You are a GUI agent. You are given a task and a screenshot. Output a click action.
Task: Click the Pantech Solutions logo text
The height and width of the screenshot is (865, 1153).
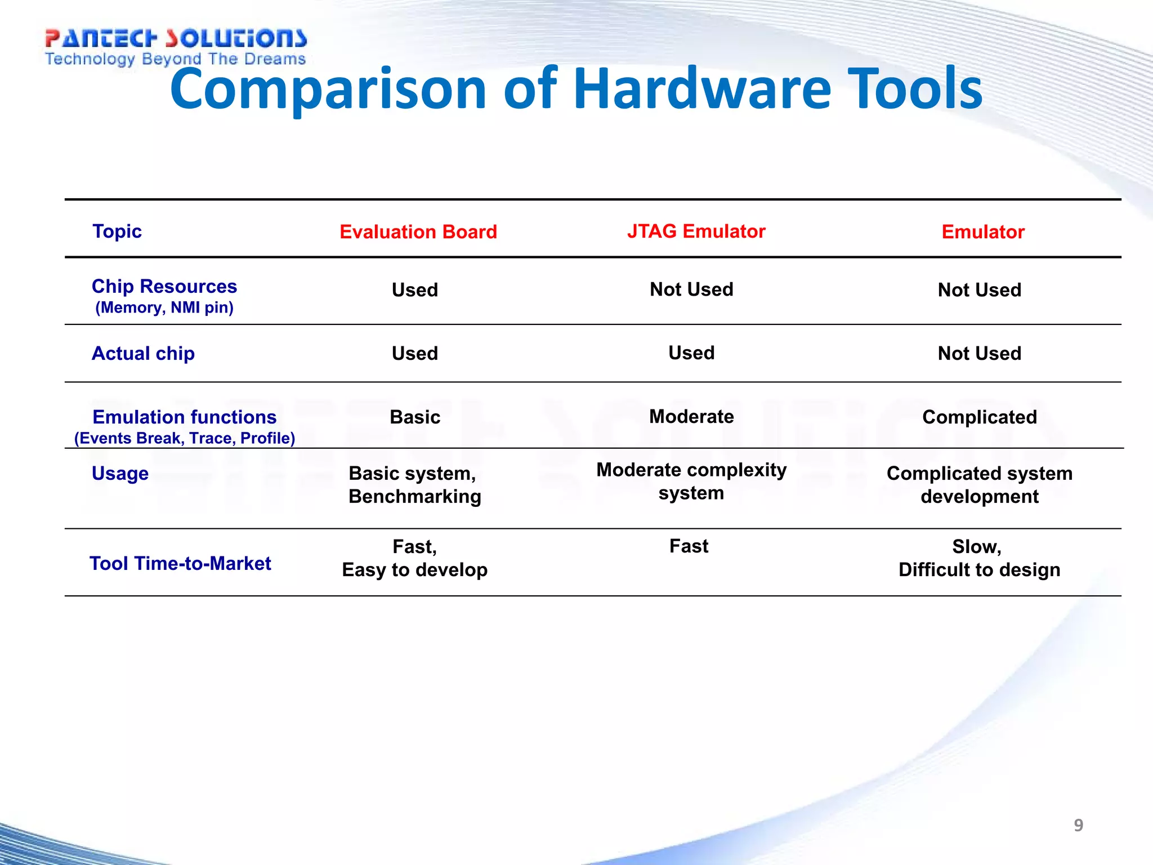click(176, 38)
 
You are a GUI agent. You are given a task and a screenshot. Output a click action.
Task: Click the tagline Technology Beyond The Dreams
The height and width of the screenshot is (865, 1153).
click(175, 59)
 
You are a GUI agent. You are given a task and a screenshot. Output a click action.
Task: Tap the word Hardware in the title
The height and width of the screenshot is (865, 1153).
click(701, 89)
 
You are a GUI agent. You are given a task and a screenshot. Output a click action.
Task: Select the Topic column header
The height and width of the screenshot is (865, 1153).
click(117, 231)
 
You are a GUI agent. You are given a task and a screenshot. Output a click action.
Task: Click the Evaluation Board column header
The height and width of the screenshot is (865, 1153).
click(418, 232)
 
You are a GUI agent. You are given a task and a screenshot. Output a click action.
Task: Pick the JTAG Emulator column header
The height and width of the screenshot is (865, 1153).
click(696, 231)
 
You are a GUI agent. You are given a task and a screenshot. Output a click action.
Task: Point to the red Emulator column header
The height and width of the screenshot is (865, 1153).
click(982, 232)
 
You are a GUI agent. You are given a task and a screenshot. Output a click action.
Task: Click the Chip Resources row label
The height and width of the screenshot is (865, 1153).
click(164, 287)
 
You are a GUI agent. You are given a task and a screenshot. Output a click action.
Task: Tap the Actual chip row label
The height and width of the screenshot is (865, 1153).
click(143, 354)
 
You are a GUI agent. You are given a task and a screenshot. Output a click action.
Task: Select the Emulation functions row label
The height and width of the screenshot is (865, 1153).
click(184, 417)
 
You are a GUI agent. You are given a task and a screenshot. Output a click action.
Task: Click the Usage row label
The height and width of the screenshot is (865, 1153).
click(120, 474)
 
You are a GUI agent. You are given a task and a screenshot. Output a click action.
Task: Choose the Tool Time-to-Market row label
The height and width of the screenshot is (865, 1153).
click(180, 564)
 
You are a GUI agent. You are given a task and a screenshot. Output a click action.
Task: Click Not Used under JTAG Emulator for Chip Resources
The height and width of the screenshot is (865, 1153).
click(691, 289)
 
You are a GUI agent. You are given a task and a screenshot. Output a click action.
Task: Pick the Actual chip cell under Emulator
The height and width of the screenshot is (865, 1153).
click(979, 354)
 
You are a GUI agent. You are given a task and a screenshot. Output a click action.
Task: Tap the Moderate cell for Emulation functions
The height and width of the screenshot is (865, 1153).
click(691, 417)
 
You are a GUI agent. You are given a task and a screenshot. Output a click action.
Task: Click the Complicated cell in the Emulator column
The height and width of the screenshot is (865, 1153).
click(979, 417)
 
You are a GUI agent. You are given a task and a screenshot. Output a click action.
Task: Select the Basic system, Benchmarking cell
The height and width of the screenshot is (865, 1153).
click(414, 485)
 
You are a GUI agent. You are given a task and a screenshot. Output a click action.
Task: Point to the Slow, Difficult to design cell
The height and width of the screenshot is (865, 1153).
click(979, 558)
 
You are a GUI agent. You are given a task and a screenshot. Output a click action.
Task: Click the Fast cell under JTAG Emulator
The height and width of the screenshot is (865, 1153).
click(689, 546)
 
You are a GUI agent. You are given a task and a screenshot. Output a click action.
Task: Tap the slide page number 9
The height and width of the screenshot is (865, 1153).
click(1078, 825)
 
